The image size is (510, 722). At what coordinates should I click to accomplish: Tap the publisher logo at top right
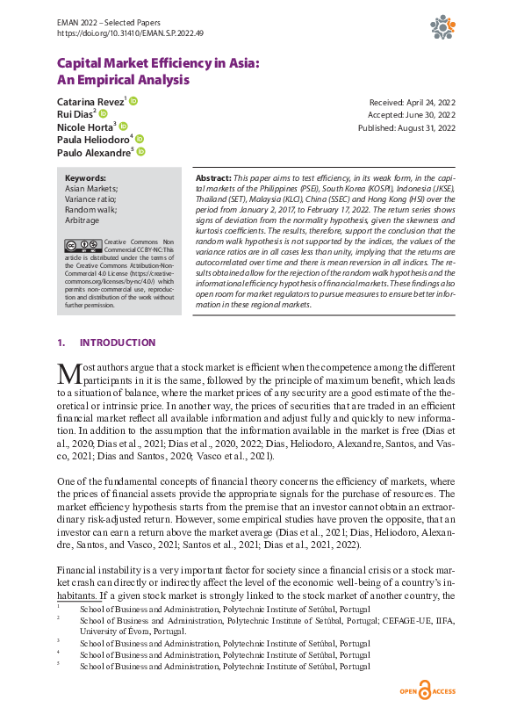pyautogui.click(x=442, y=28)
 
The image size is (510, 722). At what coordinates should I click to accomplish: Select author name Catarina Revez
pyautogui.click(x=90, y=102)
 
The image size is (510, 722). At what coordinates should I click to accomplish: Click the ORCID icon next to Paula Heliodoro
pyautogui.click(x=140, y=140)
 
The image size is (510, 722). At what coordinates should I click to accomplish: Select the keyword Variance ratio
pyautogui.click(x=92, y=199)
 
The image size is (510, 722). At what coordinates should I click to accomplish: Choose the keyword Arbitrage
pyautogui.click(x=83, y=220)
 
